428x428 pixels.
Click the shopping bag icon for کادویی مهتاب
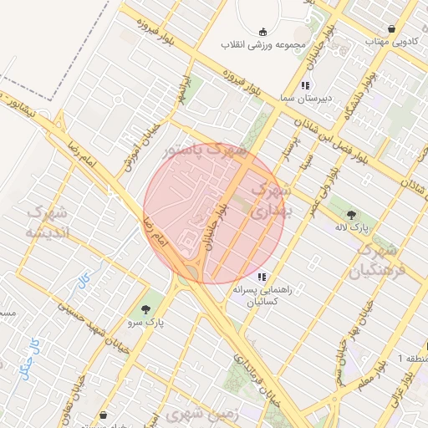(391, 29)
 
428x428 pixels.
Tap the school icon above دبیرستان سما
(306, 85)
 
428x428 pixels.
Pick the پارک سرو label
(146, 321)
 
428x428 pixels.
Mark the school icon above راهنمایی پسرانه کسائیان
(262, 277)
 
